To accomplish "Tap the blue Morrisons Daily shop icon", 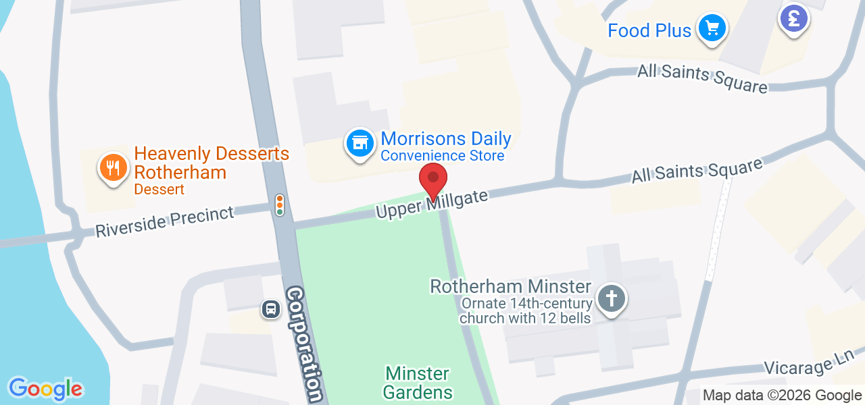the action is [360, 143].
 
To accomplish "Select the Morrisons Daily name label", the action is [445, 139].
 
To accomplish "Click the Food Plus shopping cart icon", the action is [712, 28].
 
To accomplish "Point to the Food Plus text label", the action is [649, 30].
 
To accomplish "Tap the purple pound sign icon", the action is [794, 18].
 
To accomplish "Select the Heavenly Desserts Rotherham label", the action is [212, 163].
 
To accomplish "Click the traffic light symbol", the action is [280, 205].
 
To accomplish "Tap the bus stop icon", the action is [270, 309].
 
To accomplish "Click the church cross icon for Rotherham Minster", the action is [612, 298].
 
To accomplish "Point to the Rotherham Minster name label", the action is [511, 287].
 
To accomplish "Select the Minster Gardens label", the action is [418, 383].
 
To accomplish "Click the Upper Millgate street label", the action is [432, 203].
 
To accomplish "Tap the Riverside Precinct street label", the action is [164, 221].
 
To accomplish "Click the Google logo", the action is [45, 389].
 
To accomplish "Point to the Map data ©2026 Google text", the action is [782, 396].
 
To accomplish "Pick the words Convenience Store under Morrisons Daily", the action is [442, 156].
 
